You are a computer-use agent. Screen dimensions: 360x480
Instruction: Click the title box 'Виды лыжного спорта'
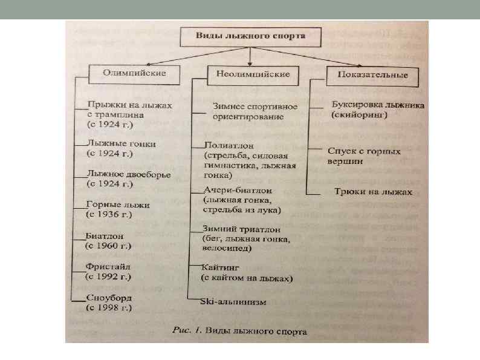coord(249,36)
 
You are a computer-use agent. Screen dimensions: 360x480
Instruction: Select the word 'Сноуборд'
coord(109,298)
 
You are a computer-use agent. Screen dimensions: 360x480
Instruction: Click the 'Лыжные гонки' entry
coord(122,144)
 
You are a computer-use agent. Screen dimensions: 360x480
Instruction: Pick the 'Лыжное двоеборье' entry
coord(129,174)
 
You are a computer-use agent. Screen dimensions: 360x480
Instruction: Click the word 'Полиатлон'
coord(229,145)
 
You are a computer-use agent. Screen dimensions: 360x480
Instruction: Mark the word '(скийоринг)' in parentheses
coord(358,114)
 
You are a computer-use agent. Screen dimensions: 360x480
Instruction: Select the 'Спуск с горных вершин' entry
coord(363,156)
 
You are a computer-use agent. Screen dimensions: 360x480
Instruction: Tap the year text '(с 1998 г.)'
coord(109,308)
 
